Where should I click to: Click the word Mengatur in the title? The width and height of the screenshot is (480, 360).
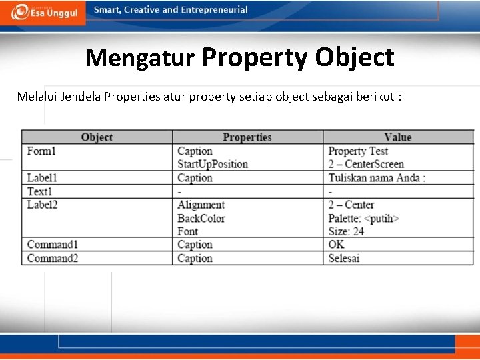point(139,58)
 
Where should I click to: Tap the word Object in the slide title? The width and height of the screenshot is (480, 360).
point(355,57)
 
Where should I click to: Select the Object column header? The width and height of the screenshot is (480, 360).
point(97,137)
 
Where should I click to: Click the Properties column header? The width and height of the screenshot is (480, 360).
point(247,137)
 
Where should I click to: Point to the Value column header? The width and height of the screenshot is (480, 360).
point(398,137)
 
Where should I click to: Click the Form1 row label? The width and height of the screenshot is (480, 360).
point(41,151)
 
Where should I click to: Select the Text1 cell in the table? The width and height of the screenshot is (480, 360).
point(39,191)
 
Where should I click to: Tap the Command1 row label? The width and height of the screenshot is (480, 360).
point(53,245)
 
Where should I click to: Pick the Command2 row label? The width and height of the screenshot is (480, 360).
point(53,258)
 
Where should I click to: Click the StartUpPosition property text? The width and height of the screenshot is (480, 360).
point(213,164)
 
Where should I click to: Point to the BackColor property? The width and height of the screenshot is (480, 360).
point(201,218)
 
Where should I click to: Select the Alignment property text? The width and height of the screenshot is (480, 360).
point(201,205)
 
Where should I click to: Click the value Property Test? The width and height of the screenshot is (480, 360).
point(358,151)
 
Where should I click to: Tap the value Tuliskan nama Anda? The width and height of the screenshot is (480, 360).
point(377,178)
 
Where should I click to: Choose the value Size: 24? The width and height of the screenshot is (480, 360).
point(346,231)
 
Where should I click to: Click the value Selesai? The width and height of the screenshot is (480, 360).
point(344,258)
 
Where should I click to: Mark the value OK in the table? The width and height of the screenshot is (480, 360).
point(337,245)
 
